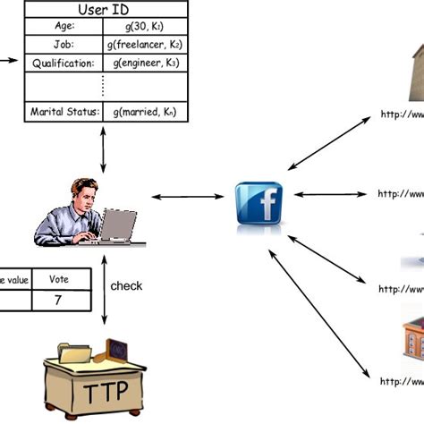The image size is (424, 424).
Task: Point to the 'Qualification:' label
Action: coord(62,63)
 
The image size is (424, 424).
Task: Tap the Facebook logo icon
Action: coord(259,203)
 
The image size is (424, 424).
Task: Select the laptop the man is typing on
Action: coord(118,227)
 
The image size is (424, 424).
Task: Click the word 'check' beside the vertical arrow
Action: coord(126,286)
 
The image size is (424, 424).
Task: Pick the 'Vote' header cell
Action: coord(57,279)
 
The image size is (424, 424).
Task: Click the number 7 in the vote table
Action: coord(57,301)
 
